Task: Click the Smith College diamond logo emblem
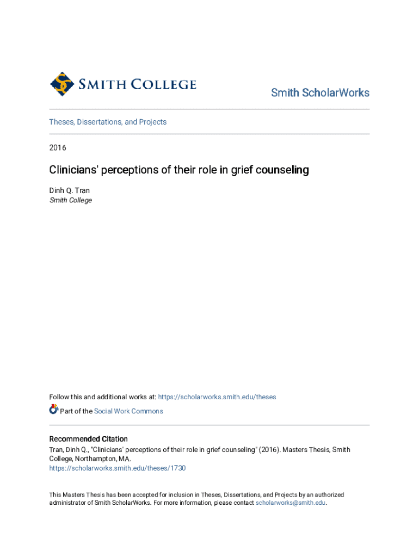click(62, 84)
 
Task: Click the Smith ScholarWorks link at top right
click(320, 92)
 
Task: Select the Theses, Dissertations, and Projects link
click(108, 122)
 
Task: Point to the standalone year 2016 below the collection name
click(58, 147)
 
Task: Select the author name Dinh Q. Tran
click(70, 190)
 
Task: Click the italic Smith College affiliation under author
click(71, 200)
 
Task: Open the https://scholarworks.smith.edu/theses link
click(217, 397)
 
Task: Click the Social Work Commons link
click(128, 411)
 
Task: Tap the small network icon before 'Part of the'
click(53, 410)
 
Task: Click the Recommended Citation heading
click(88, 439)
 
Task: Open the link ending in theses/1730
click(118, 468)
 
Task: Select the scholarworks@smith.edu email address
click(291, 503)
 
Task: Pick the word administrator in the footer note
click(69, 503)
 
